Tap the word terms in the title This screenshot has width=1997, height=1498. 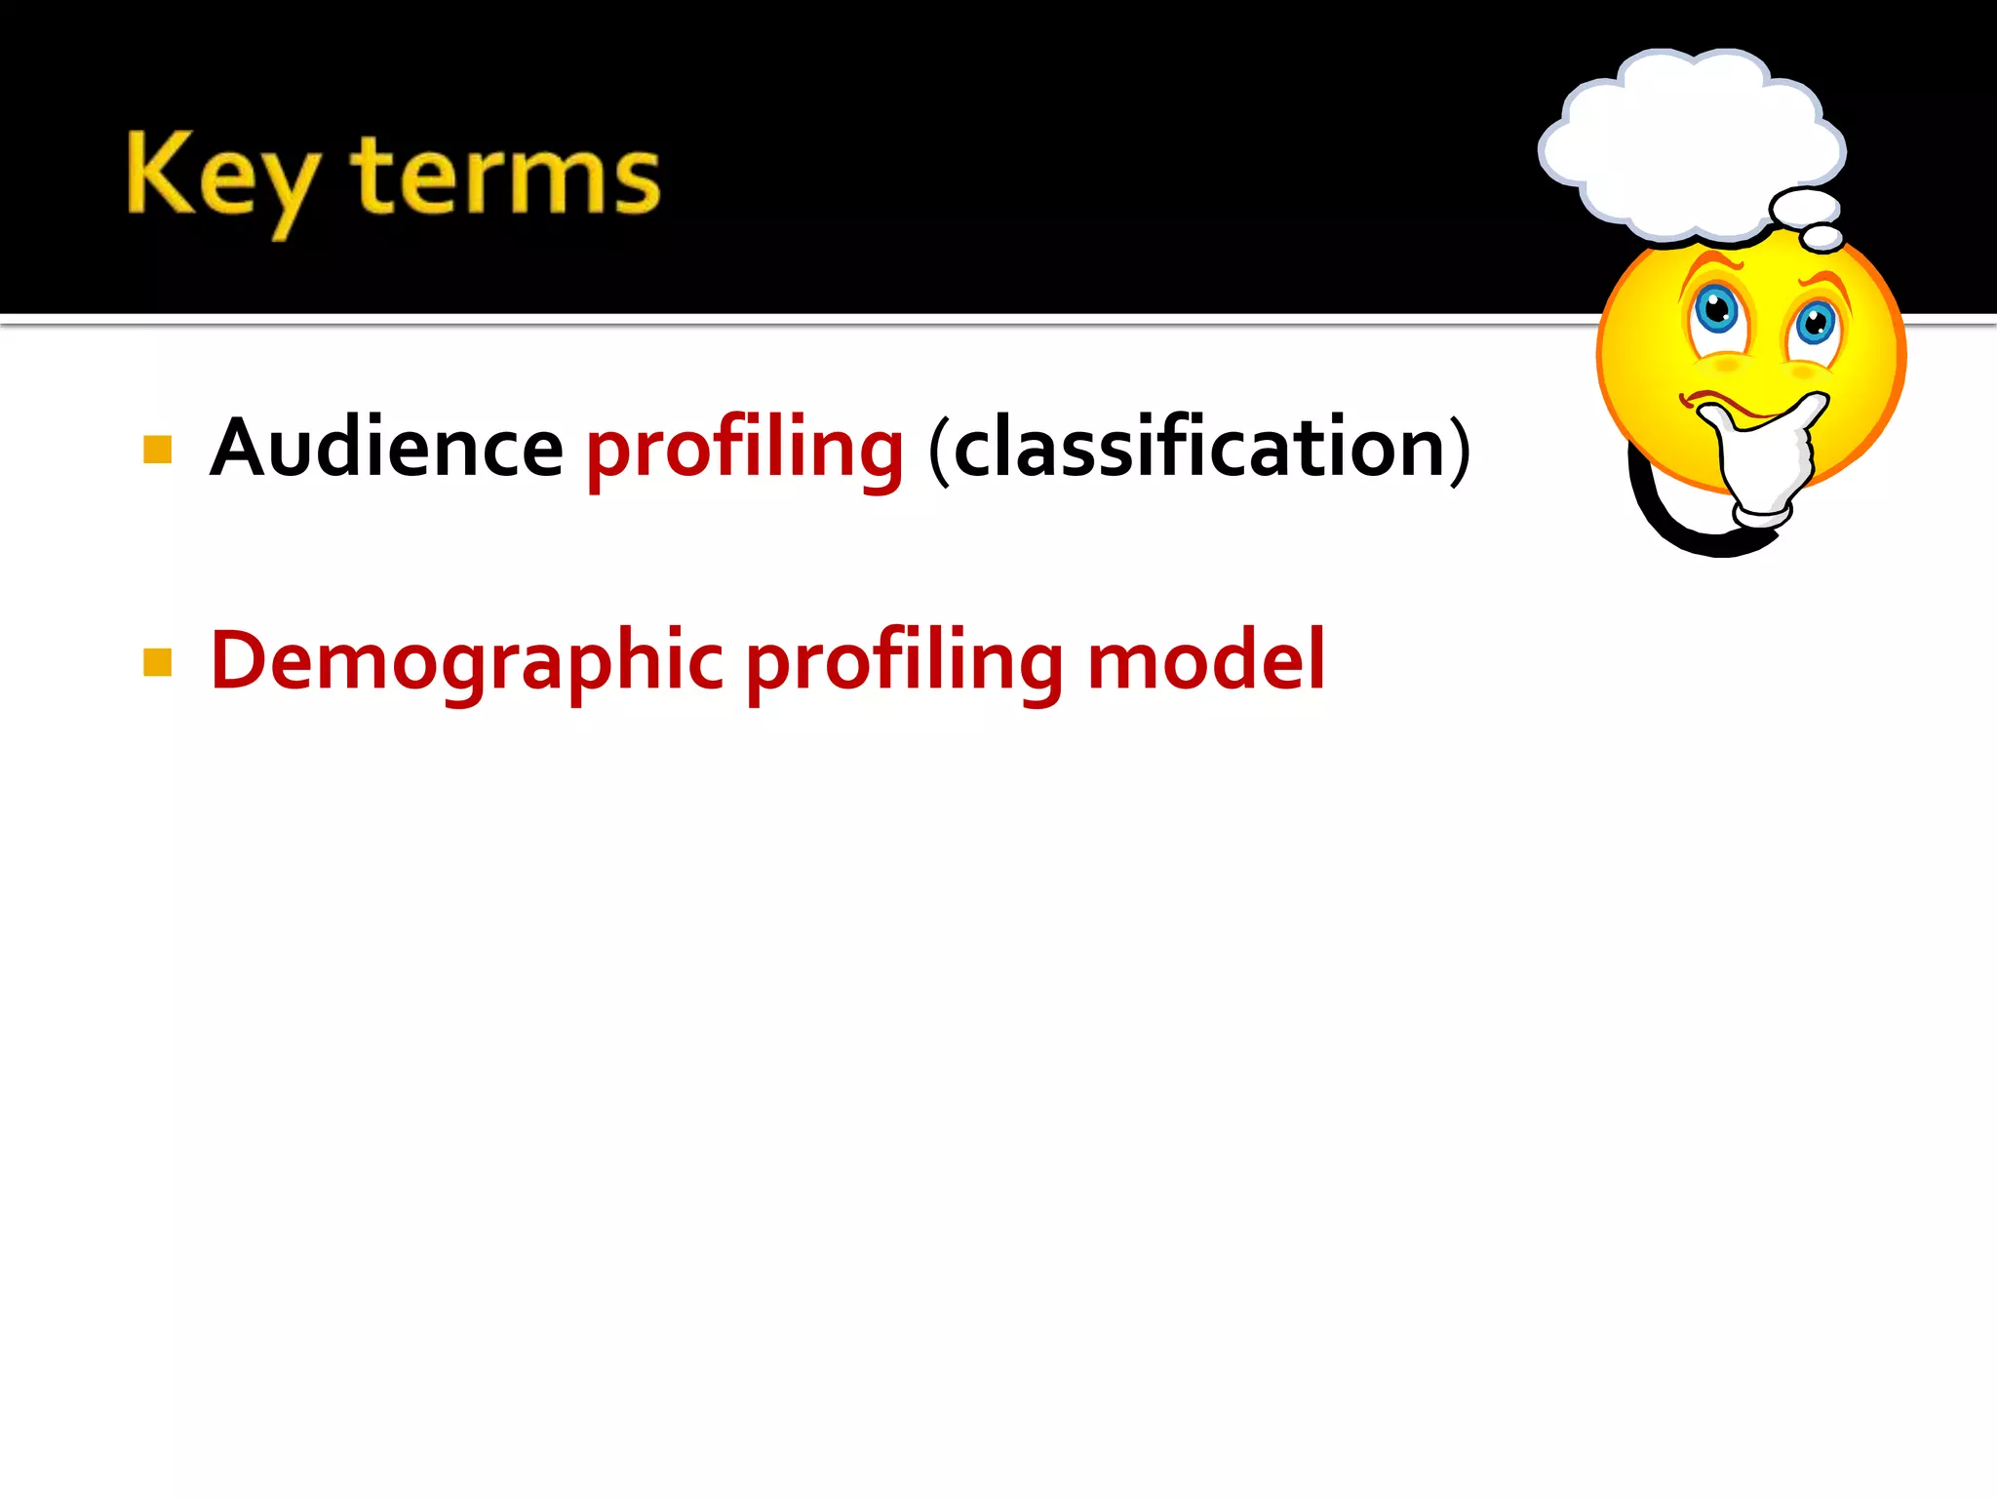(505, 176)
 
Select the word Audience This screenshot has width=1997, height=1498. (386, 449)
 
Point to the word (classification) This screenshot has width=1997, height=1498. (1199, 449)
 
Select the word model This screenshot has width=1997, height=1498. (1206, 661)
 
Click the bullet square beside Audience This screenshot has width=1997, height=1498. (157, 450)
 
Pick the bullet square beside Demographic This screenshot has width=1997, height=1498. (157, 662)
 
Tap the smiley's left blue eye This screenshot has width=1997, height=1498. (1716, 310)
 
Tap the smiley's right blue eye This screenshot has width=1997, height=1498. (1816, 323)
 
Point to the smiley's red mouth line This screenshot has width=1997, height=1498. (1726, 402)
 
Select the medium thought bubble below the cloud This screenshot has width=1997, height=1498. (1805, 208)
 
